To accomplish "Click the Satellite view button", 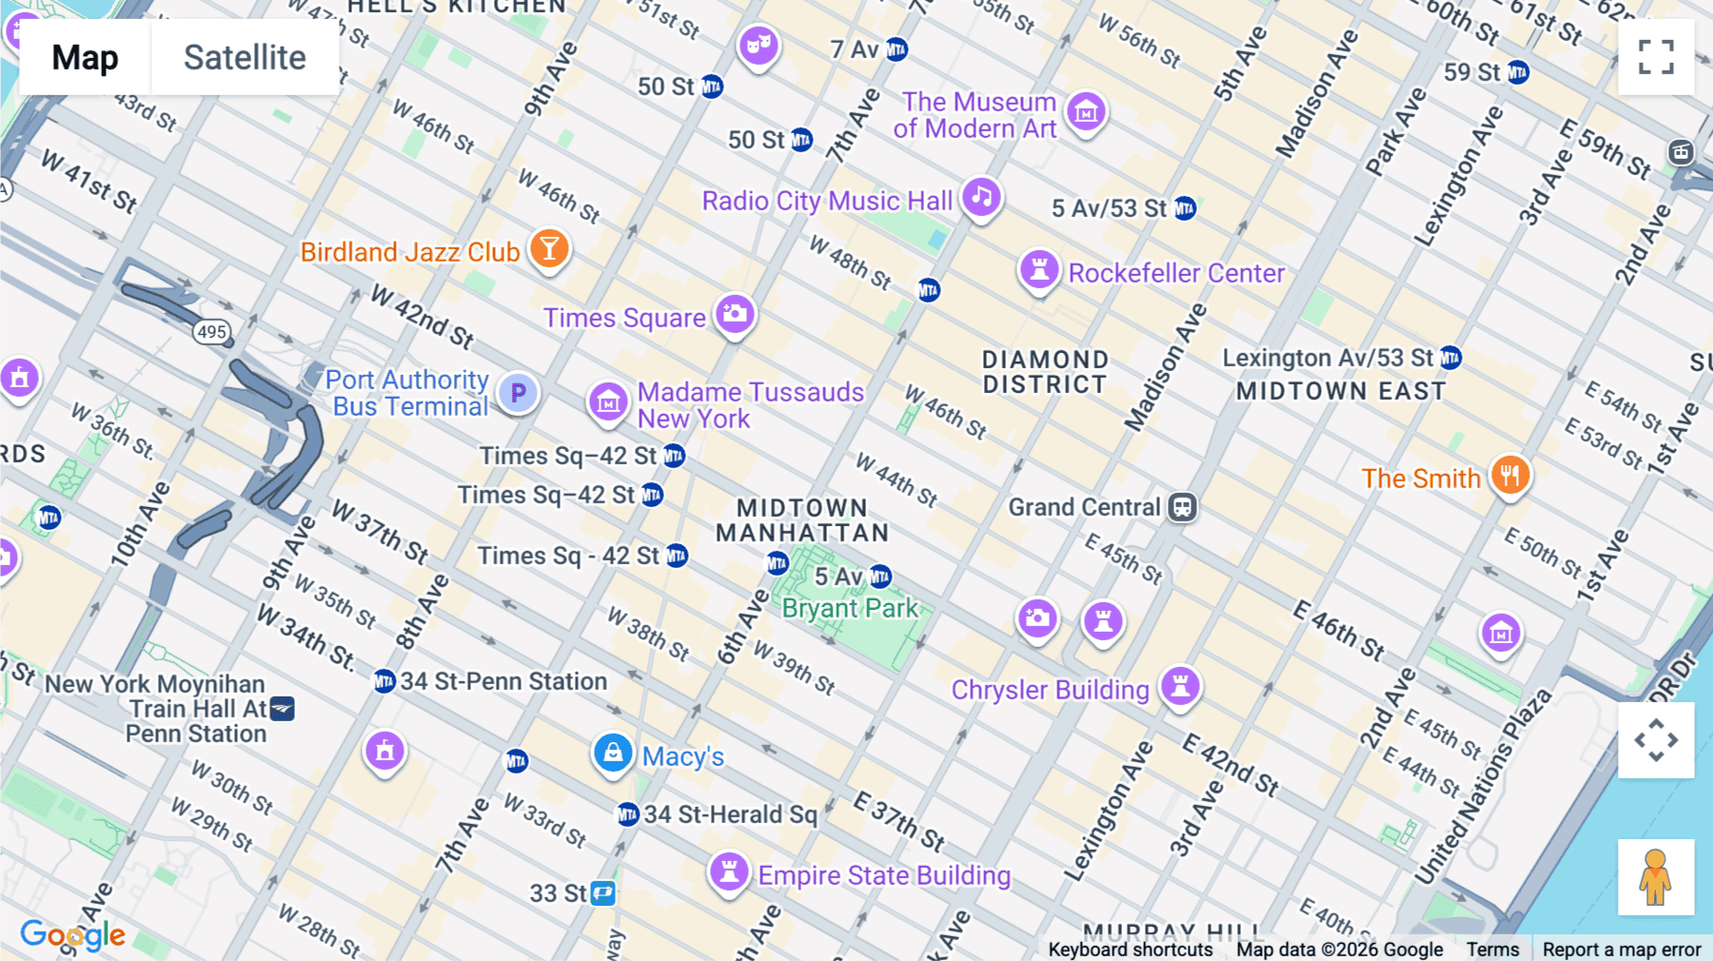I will (x=245, y=58).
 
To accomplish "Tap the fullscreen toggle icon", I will (x=1656, y=57).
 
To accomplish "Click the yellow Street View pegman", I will (x=1656, y=877).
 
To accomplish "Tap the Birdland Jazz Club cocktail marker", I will (x=549, y=249).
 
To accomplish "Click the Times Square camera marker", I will (x=735, y=314).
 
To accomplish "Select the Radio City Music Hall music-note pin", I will (x=981, y=198).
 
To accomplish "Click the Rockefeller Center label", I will (x=1176, y=274).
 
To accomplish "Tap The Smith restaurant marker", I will (x=1510, y=475).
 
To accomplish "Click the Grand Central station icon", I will (x=1182, y=507).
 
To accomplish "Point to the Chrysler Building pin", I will (x=1180, y=686).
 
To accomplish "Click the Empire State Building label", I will (x=884, y=875).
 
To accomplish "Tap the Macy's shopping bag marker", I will (x=613, y=754).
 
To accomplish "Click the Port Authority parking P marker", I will (x=519, y=392).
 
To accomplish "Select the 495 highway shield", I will (x=211, y=332).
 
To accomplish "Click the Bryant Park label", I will (x=850, y=608).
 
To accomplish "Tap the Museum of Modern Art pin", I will (x=1086, y=112).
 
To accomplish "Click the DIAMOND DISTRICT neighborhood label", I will (x=1045, y=372).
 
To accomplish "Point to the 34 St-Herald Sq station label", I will (x=730, y=814).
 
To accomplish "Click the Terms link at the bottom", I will (x=1492, y=949).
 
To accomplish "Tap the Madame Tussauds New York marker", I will (x=608, y=402).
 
